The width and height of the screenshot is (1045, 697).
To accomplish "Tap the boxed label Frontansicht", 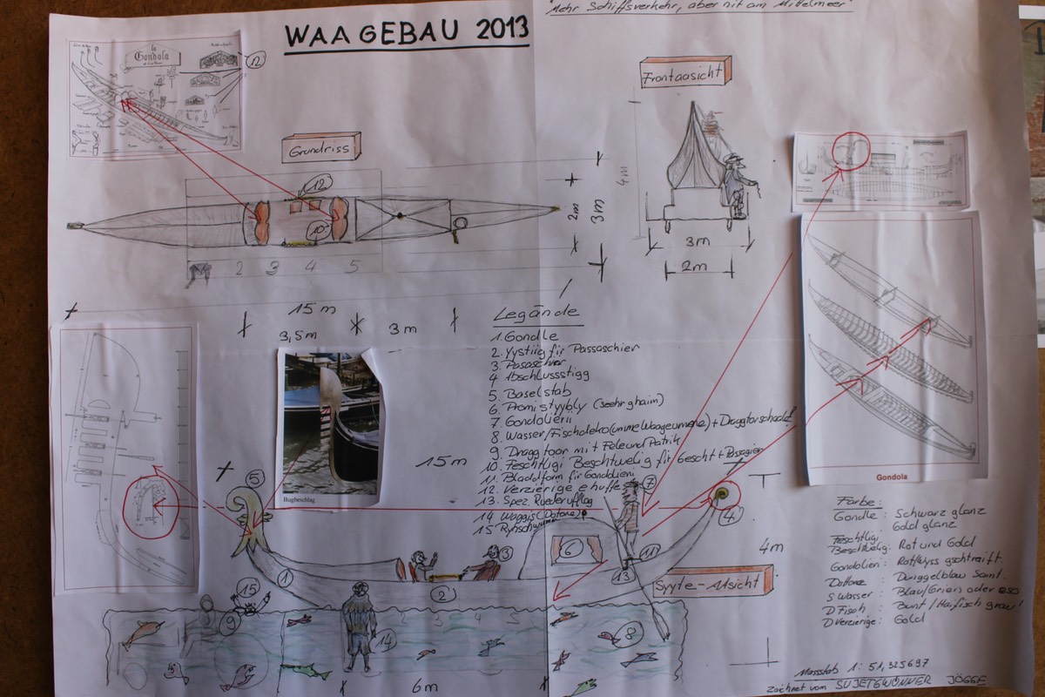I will coord(684,73).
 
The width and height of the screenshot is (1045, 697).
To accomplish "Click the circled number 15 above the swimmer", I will coord(251,590).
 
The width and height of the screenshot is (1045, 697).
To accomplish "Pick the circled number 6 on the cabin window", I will coord(565,550).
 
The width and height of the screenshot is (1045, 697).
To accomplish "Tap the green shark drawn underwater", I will coord(305,670).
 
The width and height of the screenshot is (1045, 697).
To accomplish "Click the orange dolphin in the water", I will coord(142,634).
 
